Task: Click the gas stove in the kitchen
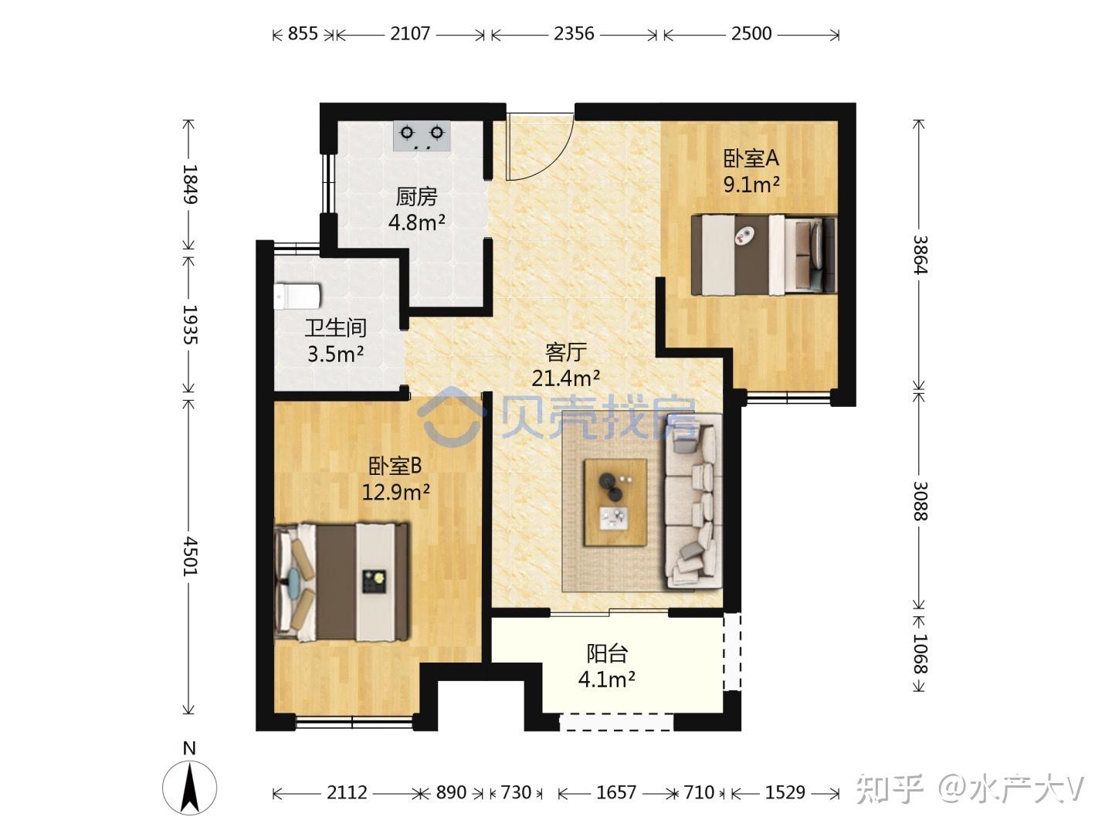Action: tap(422, 136)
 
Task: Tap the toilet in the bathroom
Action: tap(297, 296)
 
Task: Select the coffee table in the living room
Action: tap(615, 502)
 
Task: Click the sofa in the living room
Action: tap(693, 501)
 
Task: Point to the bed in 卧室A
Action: tap(764, 255)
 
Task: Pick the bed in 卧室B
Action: tap(341, 582)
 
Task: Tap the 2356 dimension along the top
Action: tap(574, 34)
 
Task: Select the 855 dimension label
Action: tap(303, 34)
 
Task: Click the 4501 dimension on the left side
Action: tap(189, 556)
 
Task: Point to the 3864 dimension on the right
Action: tap(920, 255)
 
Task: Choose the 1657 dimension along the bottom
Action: tap(616, 792)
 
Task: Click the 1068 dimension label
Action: tap(920, 654)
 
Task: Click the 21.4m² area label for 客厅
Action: tap(565, 378)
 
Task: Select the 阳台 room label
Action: tap(607, 654)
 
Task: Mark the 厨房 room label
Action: tap(416, 197)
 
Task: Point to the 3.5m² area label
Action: tap(335, 354)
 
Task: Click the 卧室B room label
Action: tap(395, 466)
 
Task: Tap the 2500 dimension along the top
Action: tap(751, 34)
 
